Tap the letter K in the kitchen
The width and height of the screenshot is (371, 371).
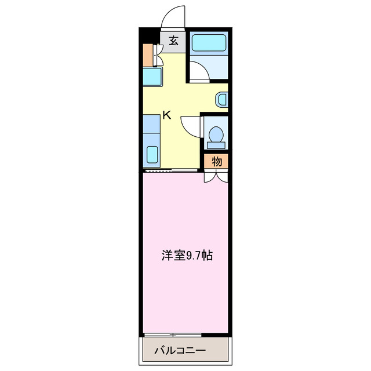(x=167, y=115)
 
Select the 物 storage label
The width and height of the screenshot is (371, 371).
(x=216, y=162)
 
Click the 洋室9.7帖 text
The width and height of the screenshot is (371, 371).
(x=186, y=254)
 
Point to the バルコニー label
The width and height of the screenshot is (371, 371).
(x=180, y=351)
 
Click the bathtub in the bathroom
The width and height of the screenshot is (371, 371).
(x=209, y=42)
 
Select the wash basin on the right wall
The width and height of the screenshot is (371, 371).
(x=222, y=99)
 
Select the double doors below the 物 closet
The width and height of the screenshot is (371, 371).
(x=216, y=176)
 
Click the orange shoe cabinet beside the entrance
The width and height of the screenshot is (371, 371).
(x=147, y=55)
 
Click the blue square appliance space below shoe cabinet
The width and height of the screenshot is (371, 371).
(x=152, y=77)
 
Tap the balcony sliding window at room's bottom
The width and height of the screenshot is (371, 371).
(x=173, y=335)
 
